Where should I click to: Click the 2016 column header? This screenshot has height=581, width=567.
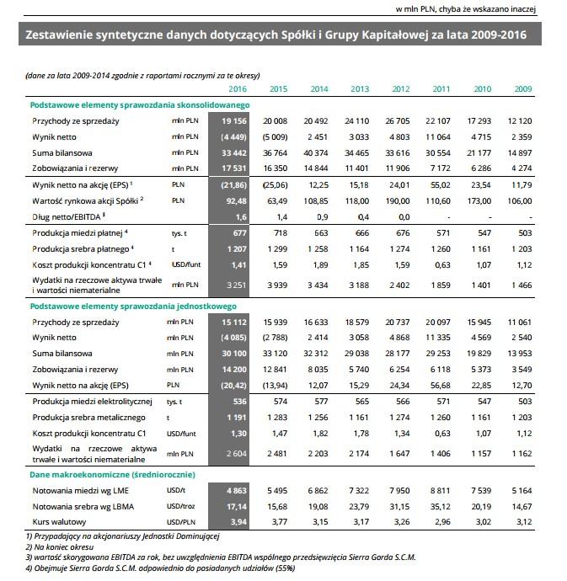pos(237,88)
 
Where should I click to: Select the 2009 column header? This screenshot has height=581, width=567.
pos(523,88)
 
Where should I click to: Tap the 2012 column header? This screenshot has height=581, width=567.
pos(401,88)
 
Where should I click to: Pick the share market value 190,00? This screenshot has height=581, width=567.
pos(399,201)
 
